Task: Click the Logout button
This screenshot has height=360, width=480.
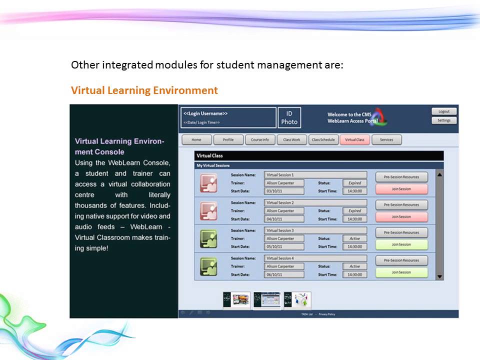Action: (444, 111)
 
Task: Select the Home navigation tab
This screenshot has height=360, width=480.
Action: (196, 140)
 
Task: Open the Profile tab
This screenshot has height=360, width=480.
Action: (228, 140)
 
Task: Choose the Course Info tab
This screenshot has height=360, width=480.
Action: (259, 140)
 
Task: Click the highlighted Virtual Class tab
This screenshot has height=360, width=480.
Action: (354, 140)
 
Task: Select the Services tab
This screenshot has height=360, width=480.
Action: (386, 140)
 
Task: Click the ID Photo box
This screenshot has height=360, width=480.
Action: (289, 118)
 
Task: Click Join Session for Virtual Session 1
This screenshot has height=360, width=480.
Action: (401, 189)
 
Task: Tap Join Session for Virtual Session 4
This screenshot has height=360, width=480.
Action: (401, 272)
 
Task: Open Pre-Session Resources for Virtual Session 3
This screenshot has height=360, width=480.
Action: (401, 232)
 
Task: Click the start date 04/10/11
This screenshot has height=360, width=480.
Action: (284, 219)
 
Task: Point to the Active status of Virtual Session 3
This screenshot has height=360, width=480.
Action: (354, 238)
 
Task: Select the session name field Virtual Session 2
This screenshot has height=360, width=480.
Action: (315, 203)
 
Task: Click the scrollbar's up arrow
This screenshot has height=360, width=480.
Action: (439, 174)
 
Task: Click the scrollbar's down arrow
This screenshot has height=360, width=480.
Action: (439, 276)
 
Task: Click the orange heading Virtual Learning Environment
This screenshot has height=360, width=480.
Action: (144, 90)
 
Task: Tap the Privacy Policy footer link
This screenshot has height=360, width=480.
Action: (327, 314)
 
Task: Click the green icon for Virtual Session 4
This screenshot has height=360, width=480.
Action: (208, 266)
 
